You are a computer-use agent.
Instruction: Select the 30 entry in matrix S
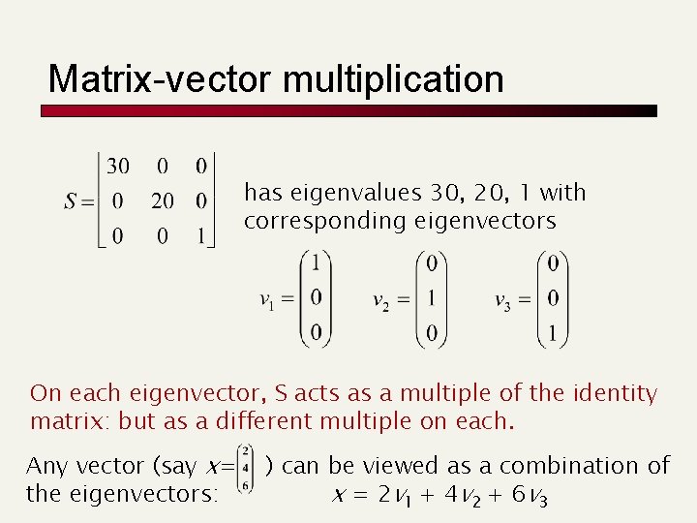coord(118,167)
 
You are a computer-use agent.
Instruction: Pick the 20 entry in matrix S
coord(162,201)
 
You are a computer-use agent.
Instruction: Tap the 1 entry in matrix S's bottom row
coord(199,235)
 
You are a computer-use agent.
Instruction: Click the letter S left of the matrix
coord(71,201)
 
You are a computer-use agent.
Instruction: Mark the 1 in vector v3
coord(553,334)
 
